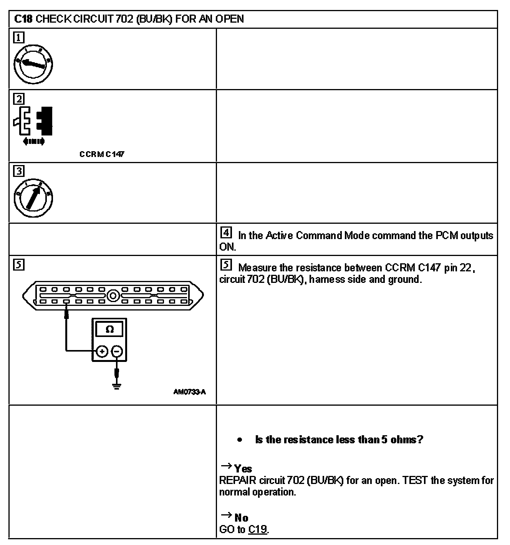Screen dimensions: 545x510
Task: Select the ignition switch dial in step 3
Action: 33,198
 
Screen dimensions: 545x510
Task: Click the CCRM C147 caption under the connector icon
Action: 102,154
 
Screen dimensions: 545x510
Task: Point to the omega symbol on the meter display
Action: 109,330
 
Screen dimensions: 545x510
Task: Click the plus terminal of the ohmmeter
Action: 102,351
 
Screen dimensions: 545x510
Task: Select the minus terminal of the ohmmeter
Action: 118,351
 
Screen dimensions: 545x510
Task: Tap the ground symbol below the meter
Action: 117,385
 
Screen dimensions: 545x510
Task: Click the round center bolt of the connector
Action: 113,296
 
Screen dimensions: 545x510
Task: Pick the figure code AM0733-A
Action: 189,392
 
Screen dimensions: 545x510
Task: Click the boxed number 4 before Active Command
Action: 227,233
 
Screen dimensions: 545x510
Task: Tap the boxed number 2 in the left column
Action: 19,99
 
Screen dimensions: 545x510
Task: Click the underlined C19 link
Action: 257,529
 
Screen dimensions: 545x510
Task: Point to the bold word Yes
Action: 243,469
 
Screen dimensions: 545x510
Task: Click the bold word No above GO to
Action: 241,518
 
